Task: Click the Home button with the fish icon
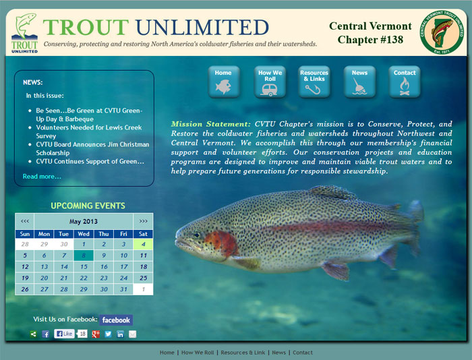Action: pos(223,82)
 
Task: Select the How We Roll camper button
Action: pos(270,82)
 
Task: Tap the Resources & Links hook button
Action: pos(314,82)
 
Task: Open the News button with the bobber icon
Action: pos(359,82)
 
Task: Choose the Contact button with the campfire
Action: pos(405,82)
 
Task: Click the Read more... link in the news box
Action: pos(42,177)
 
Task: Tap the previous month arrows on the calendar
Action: pos(25,221)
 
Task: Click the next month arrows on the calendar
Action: pos(143,221)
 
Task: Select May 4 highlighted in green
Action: pos(143,244)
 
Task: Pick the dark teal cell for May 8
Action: pos(84,256)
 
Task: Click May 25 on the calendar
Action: pos(143,278)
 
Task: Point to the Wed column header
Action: pos(84,234)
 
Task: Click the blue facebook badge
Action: pos(116,320)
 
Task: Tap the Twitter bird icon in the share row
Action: pos(108,334)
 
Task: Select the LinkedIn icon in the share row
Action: pos(120,334)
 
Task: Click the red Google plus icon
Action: pos(96,334)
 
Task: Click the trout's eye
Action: pos(197,235)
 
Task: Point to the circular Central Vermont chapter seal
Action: pos(442,32)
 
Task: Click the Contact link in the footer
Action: pos(303,353)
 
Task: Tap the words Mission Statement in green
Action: pos(210,124)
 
